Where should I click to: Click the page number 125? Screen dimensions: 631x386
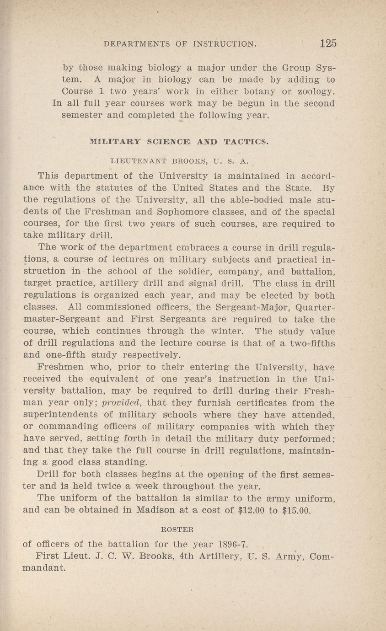[328, 43]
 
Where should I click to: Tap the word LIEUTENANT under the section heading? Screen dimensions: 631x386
[136, 161]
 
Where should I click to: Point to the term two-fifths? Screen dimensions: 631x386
[309, 343]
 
